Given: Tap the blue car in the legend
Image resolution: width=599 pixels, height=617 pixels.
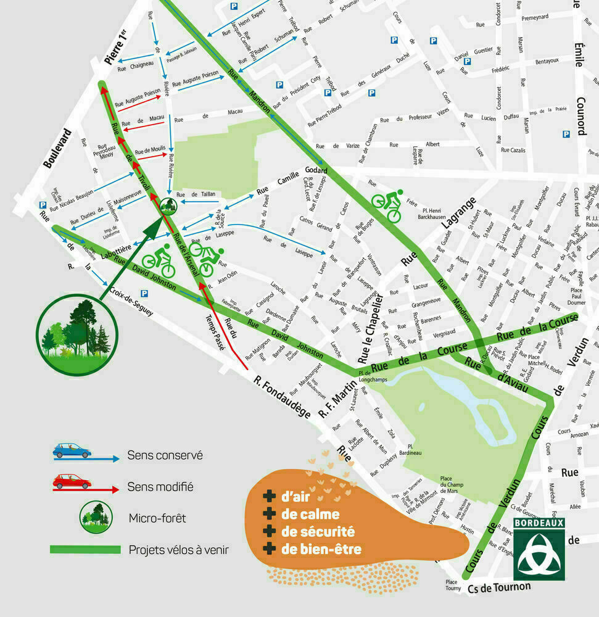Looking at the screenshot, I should click(72, 450).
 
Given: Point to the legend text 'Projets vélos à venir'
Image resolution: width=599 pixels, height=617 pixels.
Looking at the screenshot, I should click(179, 549).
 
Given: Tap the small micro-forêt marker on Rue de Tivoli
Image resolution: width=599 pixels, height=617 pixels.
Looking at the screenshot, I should click(168, 206).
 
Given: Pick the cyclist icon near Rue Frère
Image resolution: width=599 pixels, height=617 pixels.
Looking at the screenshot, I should click(387, 205).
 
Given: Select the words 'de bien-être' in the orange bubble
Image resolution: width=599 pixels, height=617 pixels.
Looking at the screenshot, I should click(321, 549).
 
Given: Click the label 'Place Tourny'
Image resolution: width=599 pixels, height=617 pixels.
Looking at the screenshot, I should click(453, 585).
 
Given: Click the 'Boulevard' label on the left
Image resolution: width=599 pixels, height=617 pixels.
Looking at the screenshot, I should click(57, 148).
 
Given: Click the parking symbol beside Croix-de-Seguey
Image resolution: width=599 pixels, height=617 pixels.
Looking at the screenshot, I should click(144, 294).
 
